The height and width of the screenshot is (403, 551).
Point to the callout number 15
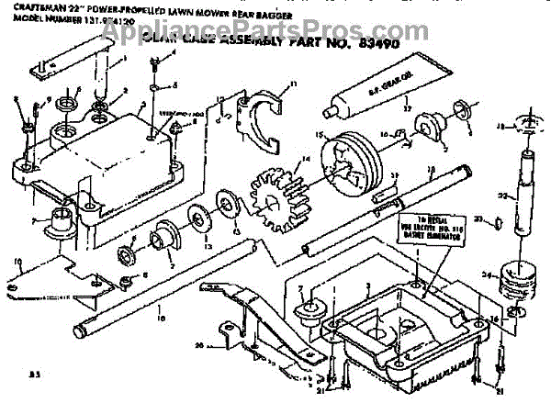coord(321,134)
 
